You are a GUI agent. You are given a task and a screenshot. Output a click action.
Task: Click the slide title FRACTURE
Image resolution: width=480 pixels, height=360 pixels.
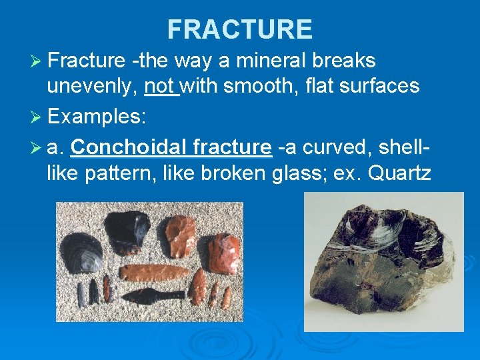pyautogui.click(x=239, y=29)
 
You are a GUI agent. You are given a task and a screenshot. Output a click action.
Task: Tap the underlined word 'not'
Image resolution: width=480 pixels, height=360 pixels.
pyautogui.click(x=160, y=85)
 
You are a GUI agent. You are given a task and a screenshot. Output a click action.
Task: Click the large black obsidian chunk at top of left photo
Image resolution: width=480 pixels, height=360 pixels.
pyautogui.click(x=129, y=229)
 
